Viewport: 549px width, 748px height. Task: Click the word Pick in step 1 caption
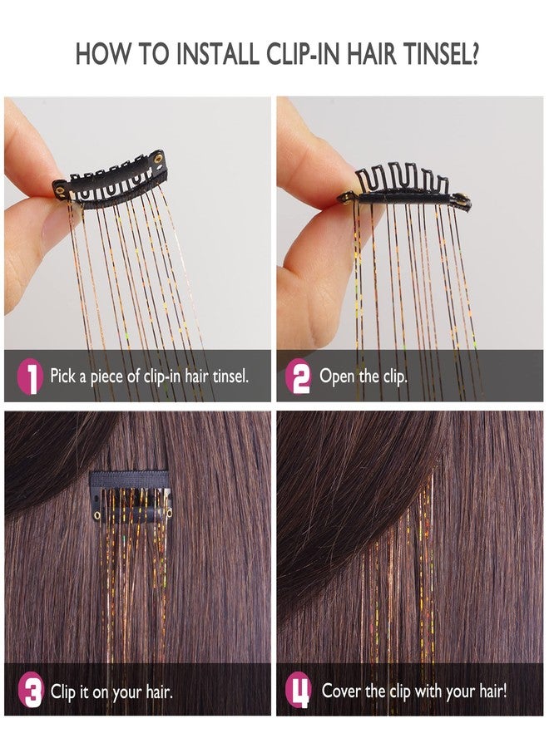click(x=64, y=376)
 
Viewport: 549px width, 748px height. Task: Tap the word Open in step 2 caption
click(x=338, y=376)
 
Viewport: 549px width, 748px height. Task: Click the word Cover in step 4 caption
click(x=341, y=691)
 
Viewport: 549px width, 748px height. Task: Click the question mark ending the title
click(x=472, y=54)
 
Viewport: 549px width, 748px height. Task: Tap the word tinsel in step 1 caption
click(x=229, y=376)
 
